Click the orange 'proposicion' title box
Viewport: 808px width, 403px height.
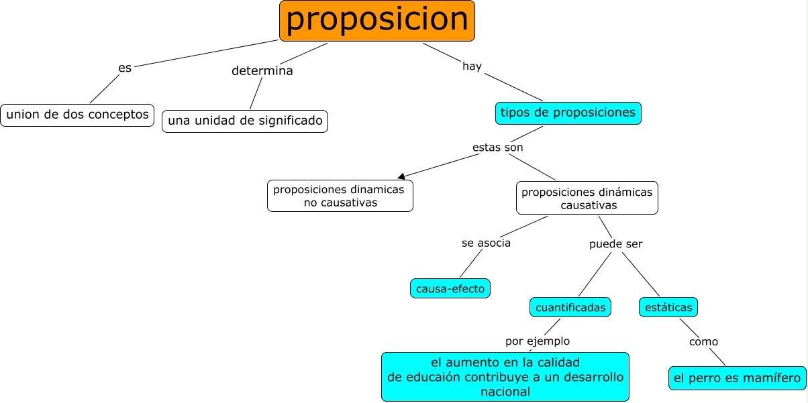tap(377, 21)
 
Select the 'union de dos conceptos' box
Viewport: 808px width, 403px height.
tap(77, 115)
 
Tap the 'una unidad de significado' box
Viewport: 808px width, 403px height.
tap(245, 121)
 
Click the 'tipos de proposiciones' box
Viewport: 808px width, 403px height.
tap(568, 113)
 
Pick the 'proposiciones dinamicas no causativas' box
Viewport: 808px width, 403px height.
tap(340, 196)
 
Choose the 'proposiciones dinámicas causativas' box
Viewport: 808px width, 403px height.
tap(587, 198)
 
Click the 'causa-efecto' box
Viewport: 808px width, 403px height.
tap(450, 288)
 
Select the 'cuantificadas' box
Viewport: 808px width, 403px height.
tap(570, 307)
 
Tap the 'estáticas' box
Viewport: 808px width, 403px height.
tap(668, 307)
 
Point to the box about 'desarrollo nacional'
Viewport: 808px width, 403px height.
tap(505, 377)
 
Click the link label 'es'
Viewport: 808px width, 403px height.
tap(125, 68)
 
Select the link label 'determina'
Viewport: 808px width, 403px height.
tap(262, 70)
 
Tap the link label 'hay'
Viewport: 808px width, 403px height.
tap(472, 66)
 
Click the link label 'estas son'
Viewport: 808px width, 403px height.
tap(497, 147)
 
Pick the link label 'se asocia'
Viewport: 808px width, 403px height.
tap(486, 243)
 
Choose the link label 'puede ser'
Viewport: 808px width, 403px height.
tap(615, 244)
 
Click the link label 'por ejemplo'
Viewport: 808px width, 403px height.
tap(538, 341)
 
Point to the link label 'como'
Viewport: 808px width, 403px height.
tap(703, 342)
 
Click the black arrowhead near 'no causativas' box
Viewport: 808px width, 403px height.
tap(401, 176)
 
